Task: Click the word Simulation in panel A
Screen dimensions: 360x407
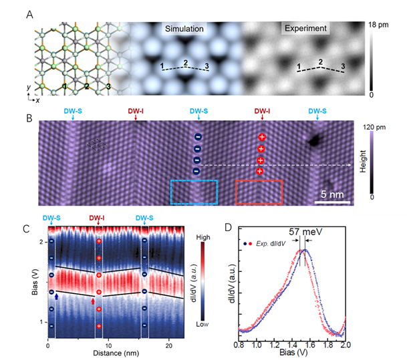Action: (x=184, y=29)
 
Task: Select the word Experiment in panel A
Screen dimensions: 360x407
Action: (x=305, y=29)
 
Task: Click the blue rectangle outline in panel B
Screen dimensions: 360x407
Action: (x=194, y=191)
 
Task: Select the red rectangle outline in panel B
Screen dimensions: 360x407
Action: (x=259, y=191)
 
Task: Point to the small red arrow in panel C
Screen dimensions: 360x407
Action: (x=93, y=303)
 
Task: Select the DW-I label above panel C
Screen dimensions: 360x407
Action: (x=99, y=218)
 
